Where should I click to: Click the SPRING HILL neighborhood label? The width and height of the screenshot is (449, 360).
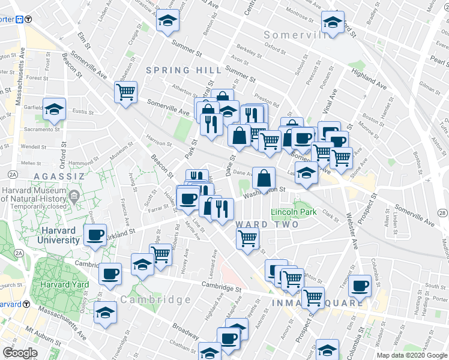click(175, 70)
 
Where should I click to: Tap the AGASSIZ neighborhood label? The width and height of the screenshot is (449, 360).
click(54, 176)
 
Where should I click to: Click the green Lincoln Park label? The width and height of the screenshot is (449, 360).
click(294, 212)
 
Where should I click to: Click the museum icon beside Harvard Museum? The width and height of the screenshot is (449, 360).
click(74, 196)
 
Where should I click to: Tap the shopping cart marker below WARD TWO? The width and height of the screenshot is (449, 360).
click(248, 238)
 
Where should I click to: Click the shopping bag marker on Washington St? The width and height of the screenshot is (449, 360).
click(264, 178)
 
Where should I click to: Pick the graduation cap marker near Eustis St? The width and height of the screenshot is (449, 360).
click(54, 109)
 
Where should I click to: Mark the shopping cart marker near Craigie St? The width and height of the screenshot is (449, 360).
click(126, 92)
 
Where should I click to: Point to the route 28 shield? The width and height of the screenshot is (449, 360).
click(442, 213)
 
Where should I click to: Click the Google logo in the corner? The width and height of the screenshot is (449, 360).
click(20, 352)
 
